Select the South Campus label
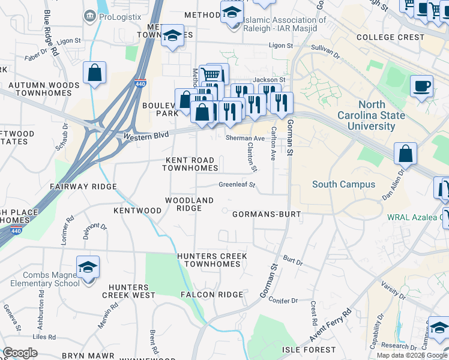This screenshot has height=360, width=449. [343, 185]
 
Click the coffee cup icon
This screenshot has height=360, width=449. [421, 86]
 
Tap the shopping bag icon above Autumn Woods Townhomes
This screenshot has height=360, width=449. [95, 73]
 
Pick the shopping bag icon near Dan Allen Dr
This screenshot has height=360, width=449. [406, 153]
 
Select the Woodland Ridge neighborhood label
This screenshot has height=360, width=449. [189, 204]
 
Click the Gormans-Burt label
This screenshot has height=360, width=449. [266, 214]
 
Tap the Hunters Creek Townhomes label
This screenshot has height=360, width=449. [212, 260]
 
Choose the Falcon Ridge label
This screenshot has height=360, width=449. [212, 295]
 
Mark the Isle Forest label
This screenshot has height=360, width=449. [309, 350]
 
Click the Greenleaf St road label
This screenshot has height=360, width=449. [237, 185]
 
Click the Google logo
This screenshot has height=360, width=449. [20, 353]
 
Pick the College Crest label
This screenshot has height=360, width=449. [390, 37]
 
